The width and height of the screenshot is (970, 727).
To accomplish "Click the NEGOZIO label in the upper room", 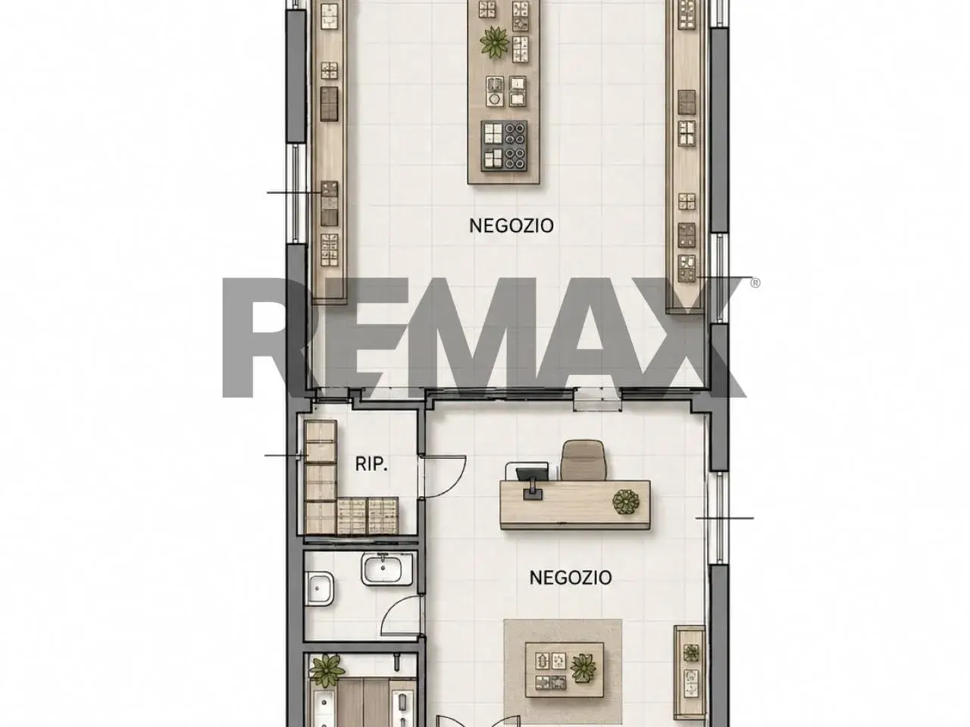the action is pos(511,226).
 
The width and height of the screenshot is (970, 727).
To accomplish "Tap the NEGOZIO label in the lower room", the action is pos(570,577).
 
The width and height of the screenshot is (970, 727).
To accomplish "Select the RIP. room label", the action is pos(371,464).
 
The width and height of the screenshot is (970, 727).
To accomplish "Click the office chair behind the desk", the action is pos(583,460).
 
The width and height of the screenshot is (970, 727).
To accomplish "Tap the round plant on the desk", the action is pos(626,502).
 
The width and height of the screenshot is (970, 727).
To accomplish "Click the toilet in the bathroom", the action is pos(320,589).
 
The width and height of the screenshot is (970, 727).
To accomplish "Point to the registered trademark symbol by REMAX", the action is pos(756,283).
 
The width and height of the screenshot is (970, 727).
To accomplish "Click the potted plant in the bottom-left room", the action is pos(327,671).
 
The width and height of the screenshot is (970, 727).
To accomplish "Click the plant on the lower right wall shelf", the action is pos(690,652).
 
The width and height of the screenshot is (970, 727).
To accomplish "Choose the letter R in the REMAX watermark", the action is pos(270,337).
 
